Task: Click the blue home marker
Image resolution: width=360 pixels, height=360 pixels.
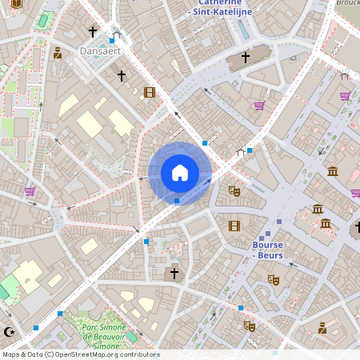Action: (x=180, y=173)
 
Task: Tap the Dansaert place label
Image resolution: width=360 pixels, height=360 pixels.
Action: (x=100, y=50)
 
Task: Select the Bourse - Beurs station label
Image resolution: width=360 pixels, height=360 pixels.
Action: (x=267, y=250)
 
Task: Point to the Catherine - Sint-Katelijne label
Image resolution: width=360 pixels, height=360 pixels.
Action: (x=219, y=8)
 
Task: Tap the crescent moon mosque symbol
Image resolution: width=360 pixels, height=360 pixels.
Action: (x=9, y=331)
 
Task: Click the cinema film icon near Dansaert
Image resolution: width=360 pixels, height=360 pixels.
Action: (x=150, y=92)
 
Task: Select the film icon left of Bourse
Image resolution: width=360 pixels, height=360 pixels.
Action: (x=234, y=226)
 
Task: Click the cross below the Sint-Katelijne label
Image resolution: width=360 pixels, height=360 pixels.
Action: (x=246, y=58)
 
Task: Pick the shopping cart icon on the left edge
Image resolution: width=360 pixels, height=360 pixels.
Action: (x=30, y=191)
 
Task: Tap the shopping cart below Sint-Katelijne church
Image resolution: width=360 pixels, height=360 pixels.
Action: (x=259, y=106)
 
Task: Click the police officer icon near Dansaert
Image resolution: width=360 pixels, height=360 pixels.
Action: (x=58, y=54)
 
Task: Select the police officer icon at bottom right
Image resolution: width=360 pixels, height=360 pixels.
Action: (x=322, y=328)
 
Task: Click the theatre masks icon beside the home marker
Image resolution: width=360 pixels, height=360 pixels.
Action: (x=234, y=190)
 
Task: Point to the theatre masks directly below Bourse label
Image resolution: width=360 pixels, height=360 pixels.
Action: (x=273, y=280)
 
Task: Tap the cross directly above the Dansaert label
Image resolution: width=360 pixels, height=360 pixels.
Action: (x=93, y=32)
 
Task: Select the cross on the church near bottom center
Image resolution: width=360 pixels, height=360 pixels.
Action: (x=174, y=274)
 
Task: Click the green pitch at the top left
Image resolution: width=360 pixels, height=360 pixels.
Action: (x=46, y=19)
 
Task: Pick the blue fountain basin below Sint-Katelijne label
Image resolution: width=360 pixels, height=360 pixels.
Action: (x=242, y=29)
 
